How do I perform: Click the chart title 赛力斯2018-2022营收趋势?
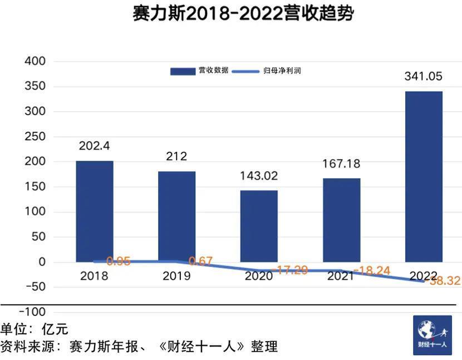click(243, 14)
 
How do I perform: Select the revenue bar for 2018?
click(95, 211)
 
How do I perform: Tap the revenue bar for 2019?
click(176, 216)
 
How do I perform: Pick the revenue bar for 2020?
click(259, 226)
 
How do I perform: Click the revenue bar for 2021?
click(341, 220)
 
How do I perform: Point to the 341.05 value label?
click(424, 76)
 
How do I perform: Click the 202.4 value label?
click(95, 147)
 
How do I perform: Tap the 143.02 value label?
click(259, 176)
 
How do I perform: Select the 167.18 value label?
click(341, 164)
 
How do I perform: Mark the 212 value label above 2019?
click(176, 156)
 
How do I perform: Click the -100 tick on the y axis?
click(33, 312)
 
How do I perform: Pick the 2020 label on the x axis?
click(259, 276)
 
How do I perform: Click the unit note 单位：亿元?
click(35, 329)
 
